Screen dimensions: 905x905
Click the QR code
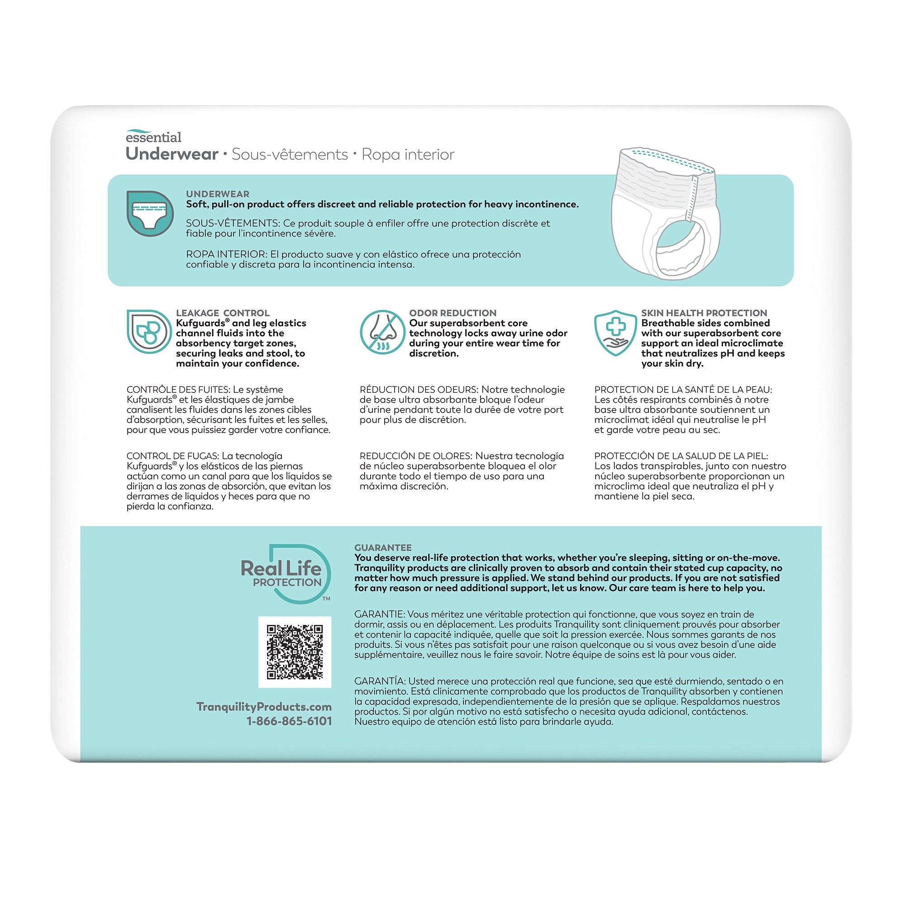point(295,652)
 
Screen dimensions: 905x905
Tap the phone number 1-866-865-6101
point(289,721)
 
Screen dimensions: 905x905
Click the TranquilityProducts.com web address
point(264,706)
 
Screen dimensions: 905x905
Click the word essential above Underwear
point(153,137)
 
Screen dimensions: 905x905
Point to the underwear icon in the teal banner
point(150,213)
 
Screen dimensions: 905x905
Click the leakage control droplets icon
point(149,332)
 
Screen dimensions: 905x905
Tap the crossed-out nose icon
point(382,332)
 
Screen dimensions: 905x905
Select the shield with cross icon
point(615,332)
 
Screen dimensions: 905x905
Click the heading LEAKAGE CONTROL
point(223,313)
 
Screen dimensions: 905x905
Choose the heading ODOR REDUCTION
point(452,313)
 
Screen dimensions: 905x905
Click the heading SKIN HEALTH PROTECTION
point(704,313)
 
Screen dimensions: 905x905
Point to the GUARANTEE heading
point(383,548)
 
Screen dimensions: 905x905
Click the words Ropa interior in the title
point(408,155)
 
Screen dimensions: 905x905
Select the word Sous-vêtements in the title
point(290,155)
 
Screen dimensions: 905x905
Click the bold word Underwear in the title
point(172,154)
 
